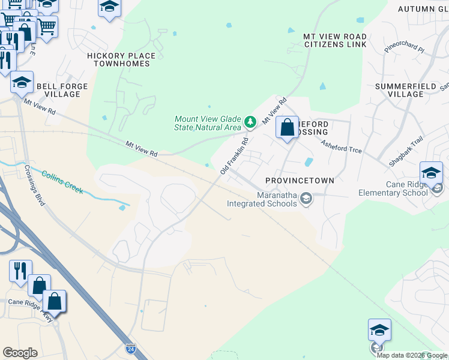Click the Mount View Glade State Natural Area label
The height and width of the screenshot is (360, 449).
pyautogui.click(x=208, y=123)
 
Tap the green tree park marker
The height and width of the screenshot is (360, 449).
pyautogui.click(x=250, y=122)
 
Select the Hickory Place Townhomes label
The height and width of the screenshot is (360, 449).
pyautogui.click(x=121, y=60)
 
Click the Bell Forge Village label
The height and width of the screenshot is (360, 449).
pyautogui.click(x=62, y=91)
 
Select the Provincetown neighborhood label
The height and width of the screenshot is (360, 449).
pyautogui.click(x=300, y=181)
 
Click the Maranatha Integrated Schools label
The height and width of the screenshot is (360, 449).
pyautogui.click(x=262, y=199)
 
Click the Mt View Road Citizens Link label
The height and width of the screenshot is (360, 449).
pyautogui.click(x=335, y=41)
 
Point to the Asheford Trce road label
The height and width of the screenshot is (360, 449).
pyautogui.click(x=341, y=146)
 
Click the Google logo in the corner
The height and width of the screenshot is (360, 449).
pyautogui.click(x=20, y=353)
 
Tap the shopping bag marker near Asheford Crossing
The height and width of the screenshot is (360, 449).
pyautogui.click(x=288, y=128)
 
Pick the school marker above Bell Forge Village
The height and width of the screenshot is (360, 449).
pyautogui.click(x=22, y=83)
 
